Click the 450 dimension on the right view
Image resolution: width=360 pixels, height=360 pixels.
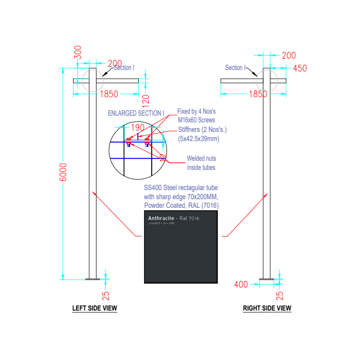300,68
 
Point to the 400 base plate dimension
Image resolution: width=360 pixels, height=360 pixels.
241,285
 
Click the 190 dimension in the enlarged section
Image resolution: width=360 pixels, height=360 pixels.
137,128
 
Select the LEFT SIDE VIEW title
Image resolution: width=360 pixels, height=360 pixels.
95,308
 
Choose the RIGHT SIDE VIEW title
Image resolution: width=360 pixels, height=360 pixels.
267,308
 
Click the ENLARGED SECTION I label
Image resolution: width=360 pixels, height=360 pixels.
136,113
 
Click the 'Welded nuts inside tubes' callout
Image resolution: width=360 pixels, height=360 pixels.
201,163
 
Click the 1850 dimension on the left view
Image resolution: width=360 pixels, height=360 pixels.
110,94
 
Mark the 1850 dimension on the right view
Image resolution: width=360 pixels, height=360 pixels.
258,94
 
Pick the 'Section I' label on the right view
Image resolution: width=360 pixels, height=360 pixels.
235,68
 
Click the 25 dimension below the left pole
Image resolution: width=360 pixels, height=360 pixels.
106,296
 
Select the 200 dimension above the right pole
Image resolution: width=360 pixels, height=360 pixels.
288,56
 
